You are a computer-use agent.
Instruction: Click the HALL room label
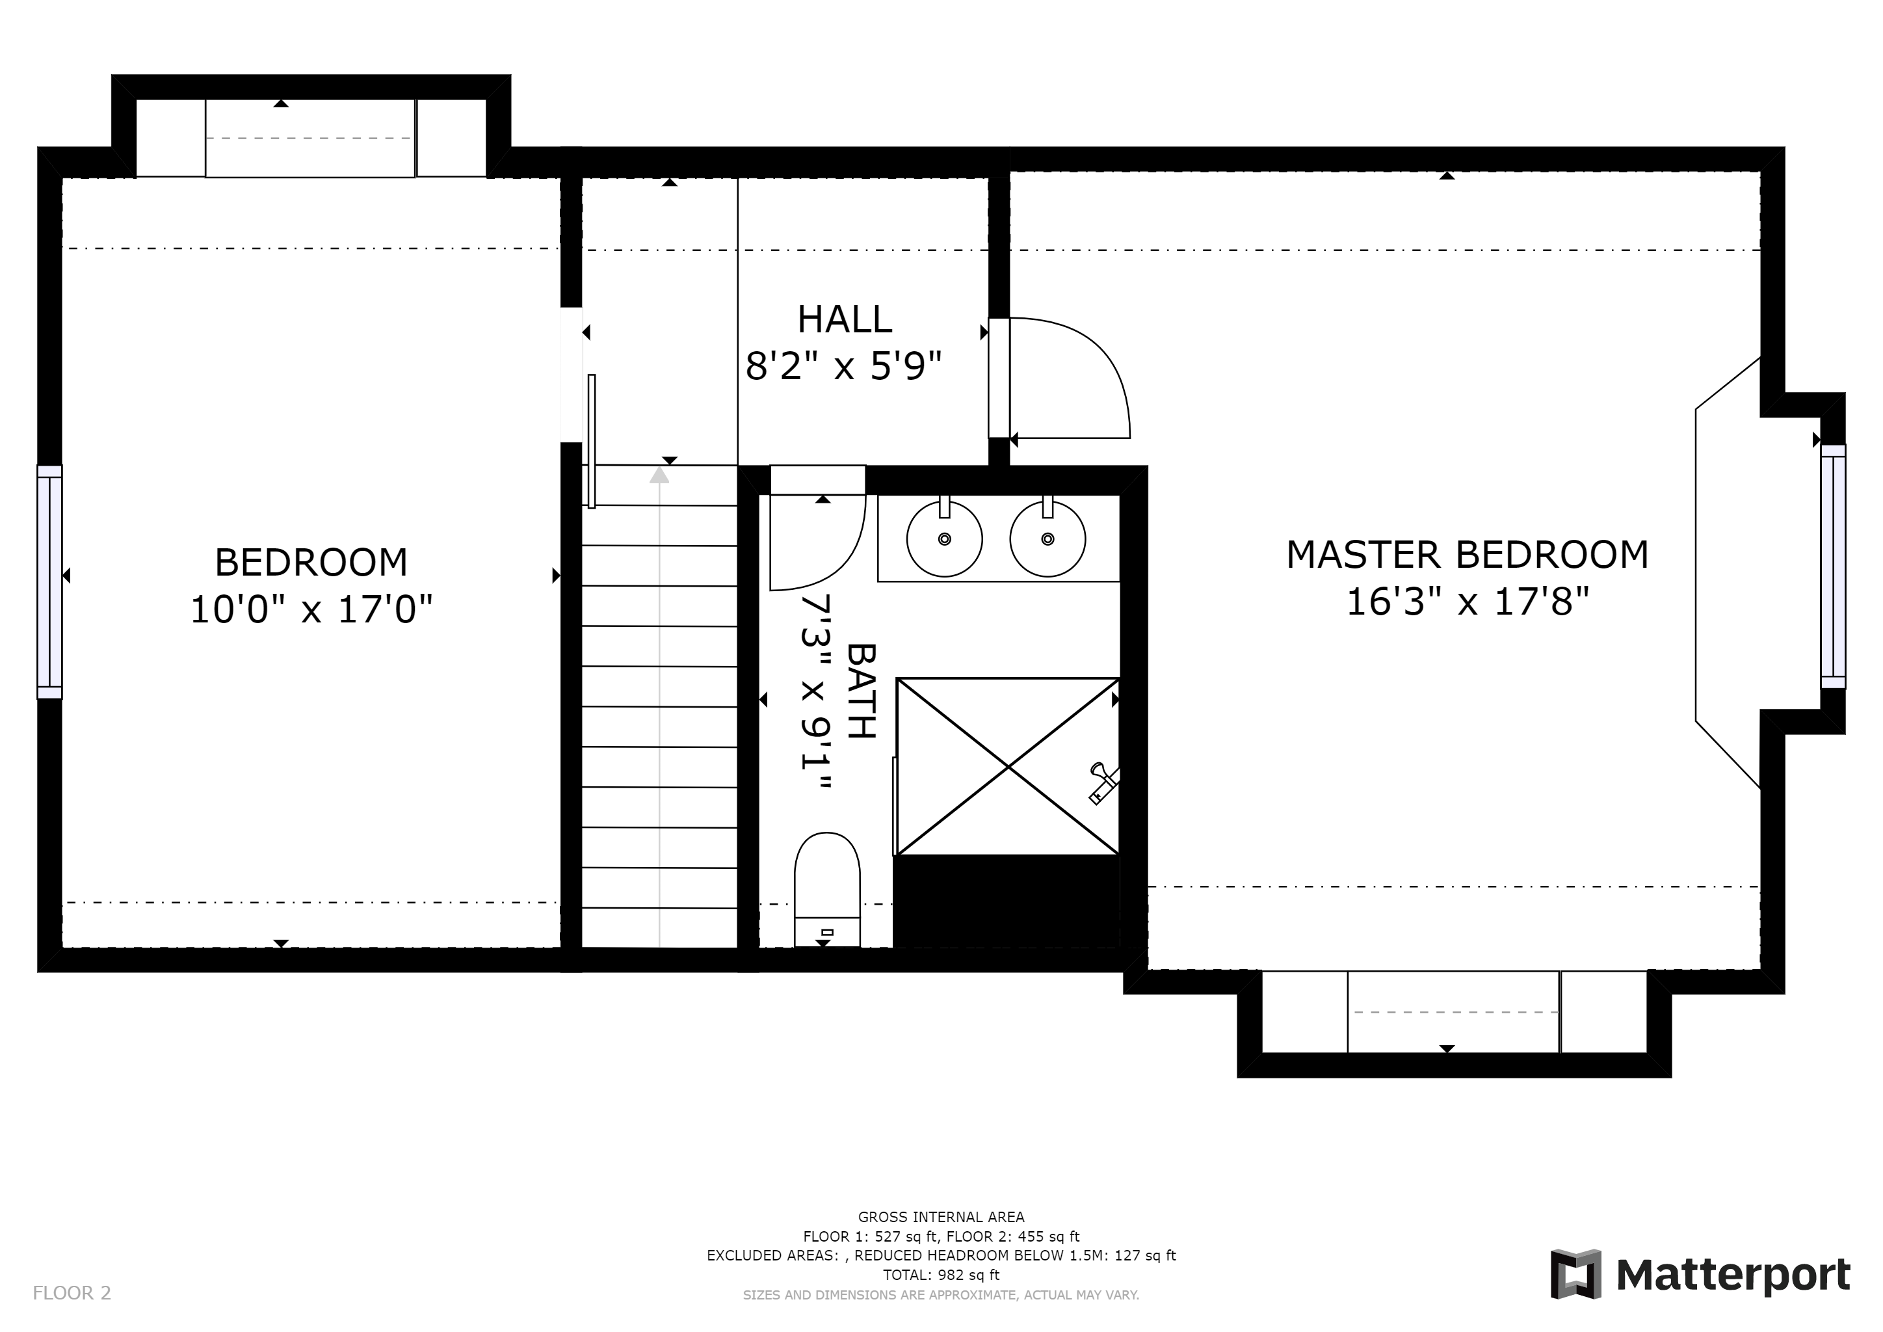coord(844,319)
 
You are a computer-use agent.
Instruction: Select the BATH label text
coord(861,691)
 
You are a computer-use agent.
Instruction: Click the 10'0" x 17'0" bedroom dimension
coord(311,609)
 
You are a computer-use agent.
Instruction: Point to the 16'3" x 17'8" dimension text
coord(1468,602)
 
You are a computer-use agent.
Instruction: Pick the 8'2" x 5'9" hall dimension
coord(843,366)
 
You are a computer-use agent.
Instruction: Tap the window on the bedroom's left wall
coord(49,582)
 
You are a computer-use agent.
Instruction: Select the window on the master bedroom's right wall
coord(1833,566)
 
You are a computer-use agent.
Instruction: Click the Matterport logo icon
coord(1575,1273)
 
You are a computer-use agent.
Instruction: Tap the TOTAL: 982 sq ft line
coord(941,1275)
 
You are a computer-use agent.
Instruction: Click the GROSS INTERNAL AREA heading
coord(941,1217)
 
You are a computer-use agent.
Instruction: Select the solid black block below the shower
coord(1007,901)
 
